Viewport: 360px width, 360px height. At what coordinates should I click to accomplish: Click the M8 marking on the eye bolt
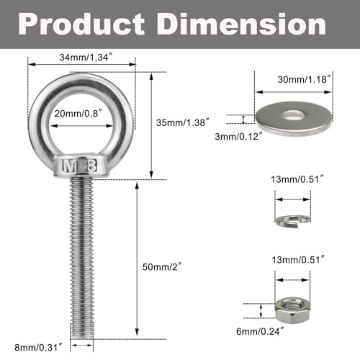pos(81,164)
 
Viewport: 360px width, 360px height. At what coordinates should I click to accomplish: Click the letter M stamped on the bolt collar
pos(71,164)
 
